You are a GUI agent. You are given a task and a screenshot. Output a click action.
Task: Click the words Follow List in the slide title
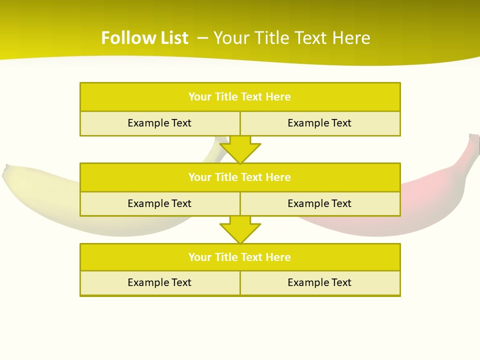144,38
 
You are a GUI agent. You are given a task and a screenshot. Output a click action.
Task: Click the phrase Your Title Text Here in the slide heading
291,38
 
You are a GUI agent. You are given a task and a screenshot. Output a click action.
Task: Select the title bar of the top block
240,97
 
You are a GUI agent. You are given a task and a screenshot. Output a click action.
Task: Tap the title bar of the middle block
240,177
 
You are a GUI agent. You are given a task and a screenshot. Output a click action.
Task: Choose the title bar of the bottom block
240,257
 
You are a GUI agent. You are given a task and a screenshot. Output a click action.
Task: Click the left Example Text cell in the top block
159,123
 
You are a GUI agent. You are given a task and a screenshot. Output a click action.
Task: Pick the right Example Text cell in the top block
320,123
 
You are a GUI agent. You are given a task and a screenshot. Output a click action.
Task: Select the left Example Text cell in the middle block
159,204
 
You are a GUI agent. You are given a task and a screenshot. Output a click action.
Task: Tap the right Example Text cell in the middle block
320,204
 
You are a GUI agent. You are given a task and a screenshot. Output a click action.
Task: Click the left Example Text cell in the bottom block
159,283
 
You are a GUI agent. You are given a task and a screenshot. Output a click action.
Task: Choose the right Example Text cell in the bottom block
320,283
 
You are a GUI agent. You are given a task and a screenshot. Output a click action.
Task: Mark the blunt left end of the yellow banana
6,172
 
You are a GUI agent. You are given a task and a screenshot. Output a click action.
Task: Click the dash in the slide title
202,38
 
